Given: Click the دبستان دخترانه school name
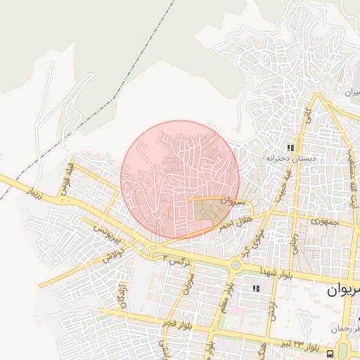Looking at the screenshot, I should [x=286, y=159].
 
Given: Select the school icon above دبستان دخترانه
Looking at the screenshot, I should [x=290, y=148].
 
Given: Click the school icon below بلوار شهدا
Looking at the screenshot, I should [x=257, y=288].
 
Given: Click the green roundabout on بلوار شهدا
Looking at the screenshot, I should [x=236, y=265].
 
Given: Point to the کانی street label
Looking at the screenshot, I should [x=307, y=115].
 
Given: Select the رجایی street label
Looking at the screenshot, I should [x=296, y=243].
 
